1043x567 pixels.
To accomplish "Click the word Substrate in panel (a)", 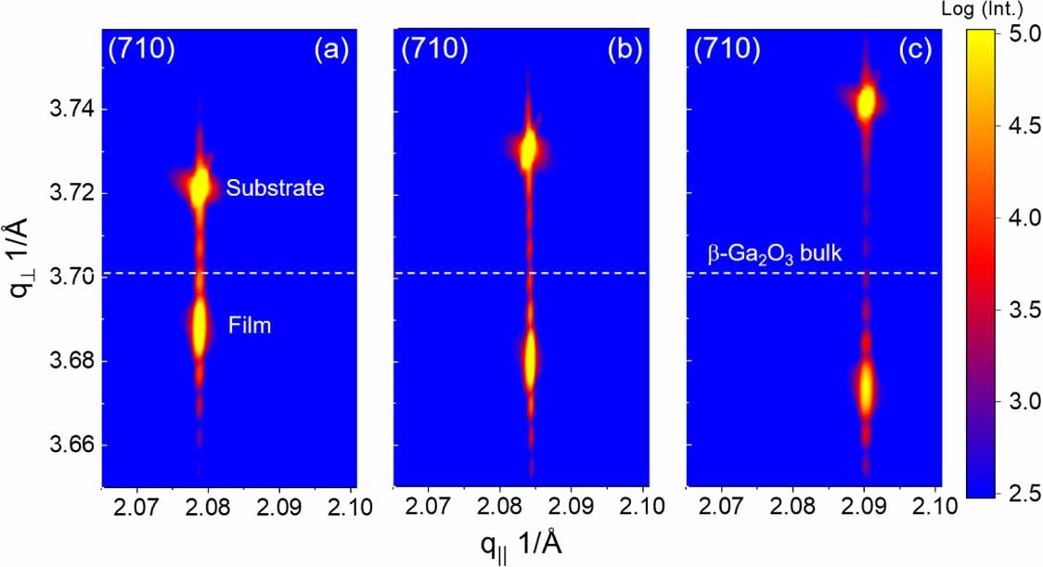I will (x=277, y=188).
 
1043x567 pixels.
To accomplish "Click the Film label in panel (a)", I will (x=249, y=325).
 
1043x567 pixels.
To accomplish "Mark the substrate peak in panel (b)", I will (x=529, y=150).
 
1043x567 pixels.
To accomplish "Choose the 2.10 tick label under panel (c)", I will (x=928, y=507).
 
